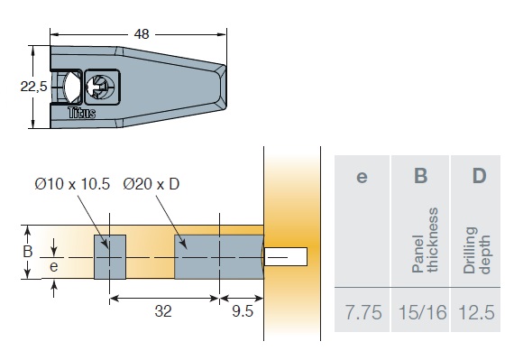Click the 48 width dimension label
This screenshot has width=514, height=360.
[142, 34]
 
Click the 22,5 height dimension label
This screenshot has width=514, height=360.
[33, 87]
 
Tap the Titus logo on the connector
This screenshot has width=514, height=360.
[82, 113]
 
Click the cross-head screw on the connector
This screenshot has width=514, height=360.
[101, 87]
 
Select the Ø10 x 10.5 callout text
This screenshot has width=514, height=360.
[72, 184]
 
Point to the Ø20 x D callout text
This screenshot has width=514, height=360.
[151, 184]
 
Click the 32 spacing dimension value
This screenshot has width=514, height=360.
[163, 311]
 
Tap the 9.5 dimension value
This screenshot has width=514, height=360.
[243, 311]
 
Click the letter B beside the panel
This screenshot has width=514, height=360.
[28, 252]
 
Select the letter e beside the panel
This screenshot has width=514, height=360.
[54, 266]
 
